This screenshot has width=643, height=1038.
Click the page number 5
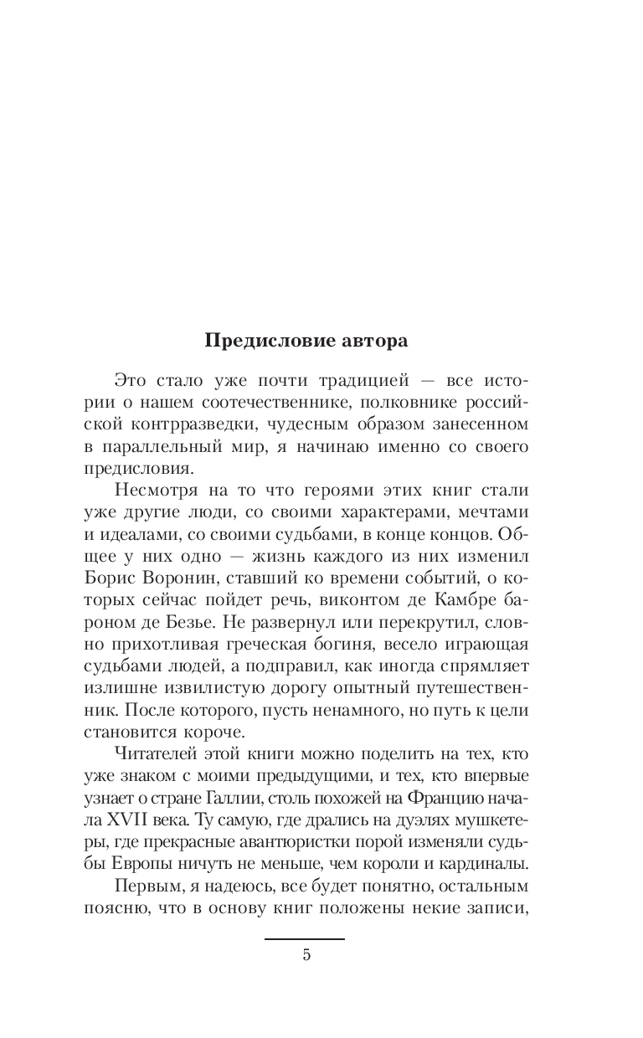coord(306,955)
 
